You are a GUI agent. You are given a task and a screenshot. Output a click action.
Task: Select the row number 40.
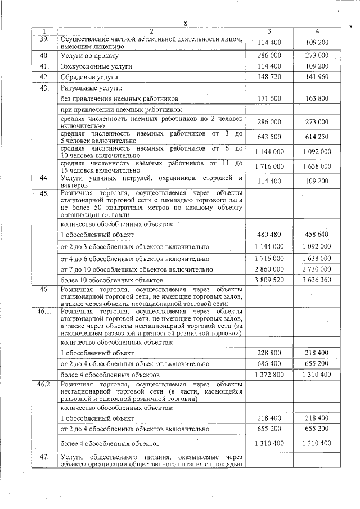tap(44, 56)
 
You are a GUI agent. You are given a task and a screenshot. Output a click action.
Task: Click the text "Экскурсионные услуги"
tap(96, 66)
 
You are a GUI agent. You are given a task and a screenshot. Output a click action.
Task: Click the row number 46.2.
tap(44, 384)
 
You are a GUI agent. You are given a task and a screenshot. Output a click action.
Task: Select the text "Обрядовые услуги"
tap(89, 77)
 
